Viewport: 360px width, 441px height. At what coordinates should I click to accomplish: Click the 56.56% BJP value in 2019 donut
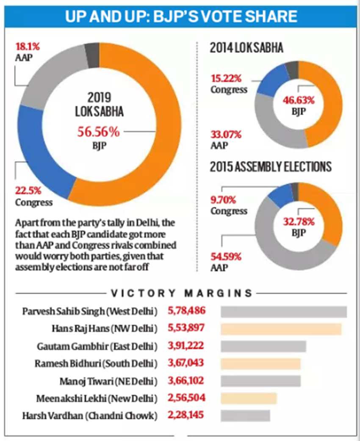click(99, 132)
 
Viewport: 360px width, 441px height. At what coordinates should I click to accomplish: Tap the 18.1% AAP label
click(27, 52)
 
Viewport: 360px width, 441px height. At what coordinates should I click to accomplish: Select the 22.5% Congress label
click(34, 196)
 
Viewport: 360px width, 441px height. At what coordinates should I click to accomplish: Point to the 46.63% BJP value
click(299, 100)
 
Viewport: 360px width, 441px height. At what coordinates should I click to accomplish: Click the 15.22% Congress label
click(229, 84)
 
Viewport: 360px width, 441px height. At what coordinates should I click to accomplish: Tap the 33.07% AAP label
click(226, 140)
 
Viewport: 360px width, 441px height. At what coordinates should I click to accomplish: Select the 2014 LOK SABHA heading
click(246, 48)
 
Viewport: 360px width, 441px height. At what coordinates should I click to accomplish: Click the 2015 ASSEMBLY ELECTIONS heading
click(271, 167)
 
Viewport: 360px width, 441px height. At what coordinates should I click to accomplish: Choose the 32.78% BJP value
click(299, 222)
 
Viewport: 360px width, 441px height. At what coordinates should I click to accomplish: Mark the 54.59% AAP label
click(226, 262)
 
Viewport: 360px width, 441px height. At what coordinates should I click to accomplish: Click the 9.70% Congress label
click(229, 205)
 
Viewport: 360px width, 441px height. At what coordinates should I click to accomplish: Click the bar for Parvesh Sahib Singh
click(284, 312)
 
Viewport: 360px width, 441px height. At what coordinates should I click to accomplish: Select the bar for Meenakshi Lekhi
click(249, 399)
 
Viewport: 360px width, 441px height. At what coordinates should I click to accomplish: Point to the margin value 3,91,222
click(186, 345)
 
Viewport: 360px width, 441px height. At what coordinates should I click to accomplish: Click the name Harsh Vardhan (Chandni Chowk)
click(90, 416)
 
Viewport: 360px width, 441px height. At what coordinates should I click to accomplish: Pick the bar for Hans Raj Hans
click(281, 329)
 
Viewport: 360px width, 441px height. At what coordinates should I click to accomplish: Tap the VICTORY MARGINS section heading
click(182, 293)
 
